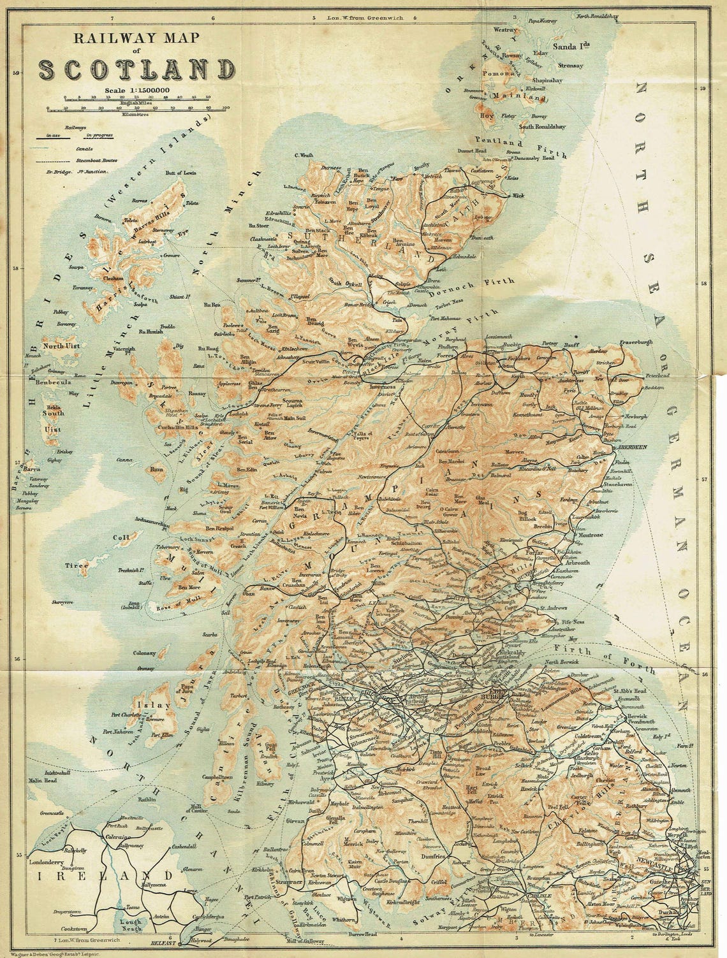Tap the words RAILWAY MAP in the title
pos(136,38)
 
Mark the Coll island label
pos(121,537)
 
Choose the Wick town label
pos(519,196)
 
